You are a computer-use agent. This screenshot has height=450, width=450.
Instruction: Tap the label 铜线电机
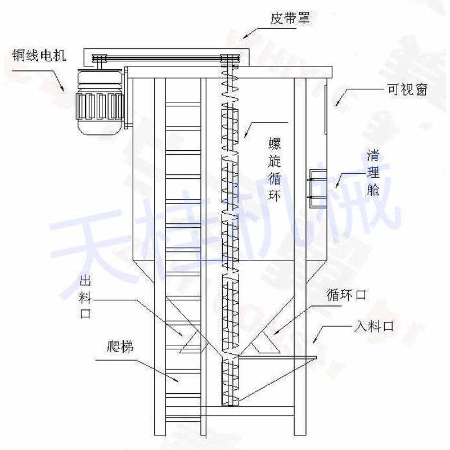pos(40,55)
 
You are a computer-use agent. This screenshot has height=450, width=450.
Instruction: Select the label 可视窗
pos(407,89)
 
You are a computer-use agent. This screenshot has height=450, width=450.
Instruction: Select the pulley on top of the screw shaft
pos(230,58)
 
